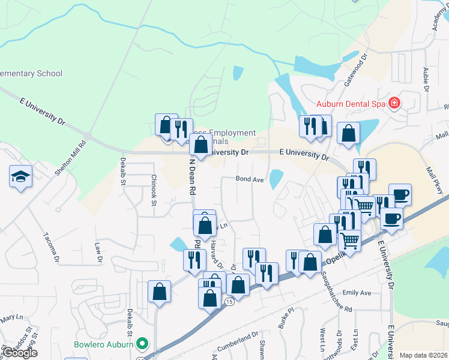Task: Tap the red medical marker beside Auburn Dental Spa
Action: (394, 103)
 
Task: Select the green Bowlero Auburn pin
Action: (142, 344)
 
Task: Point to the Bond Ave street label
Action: (250, 179)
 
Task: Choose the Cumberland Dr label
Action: (238, 339)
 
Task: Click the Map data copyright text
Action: (424, 355)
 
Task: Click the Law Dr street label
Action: (98, 252)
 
